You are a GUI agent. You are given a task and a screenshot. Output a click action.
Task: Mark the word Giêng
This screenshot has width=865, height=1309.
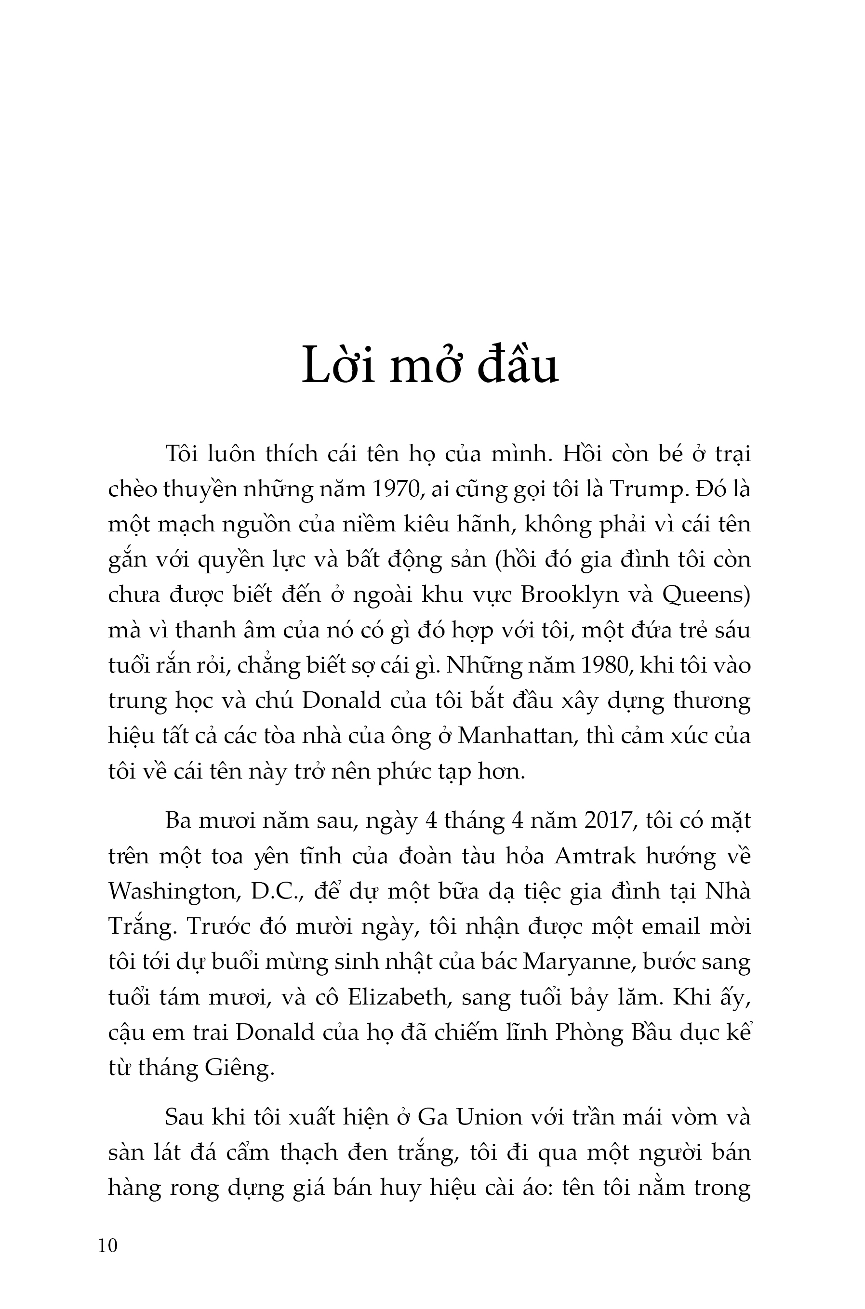pos(239,1068)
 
